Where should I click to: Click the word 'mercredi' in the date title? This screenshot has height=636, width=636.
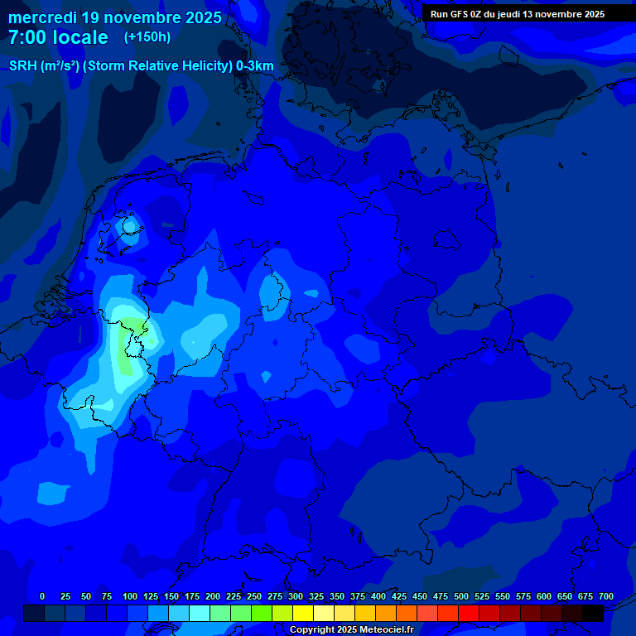[42, 17]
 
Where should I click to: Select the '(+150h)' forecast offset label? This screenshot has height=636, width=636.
[147, 37]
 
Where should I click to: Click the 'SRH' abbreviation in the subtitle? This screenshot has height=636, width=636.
[22, 66]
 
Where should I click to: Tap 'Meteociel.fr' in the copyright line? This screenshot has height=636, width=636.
[381, 630]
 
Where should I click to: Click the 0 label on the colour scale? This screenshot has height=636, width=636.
[42, 596]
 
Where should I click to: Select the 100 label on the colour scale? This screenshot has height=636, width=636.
[129, 596]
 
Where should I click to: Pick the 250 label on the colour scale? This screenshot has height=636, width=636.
[253, 596]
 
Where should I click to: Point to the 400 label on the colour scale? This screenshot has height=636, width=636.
[378, 596]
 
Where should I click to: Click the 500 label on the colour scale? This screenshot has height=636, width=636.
[460, 596]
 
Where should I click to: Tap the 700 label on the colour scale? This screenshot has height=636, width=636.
[605, 596]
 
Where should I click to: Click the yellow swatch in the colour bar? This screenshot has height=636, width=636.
[303, 613]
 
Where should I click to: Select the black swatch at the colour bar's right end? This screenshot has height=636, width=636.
[593, 613]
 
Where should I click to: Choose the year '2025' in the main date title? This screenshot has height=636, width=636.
[198, 17]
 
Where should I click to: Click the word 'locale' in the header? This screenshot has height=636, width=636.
[80, 37]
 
